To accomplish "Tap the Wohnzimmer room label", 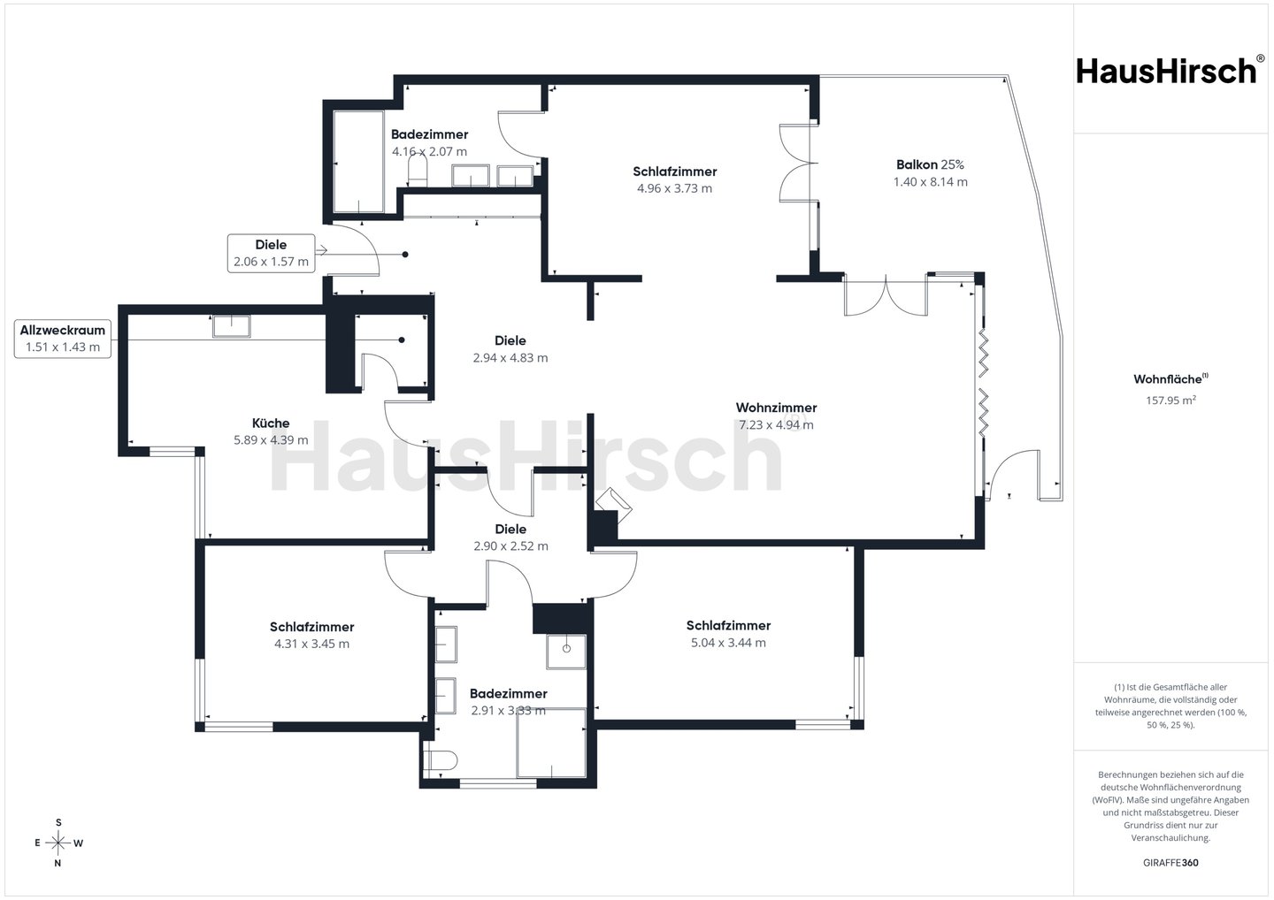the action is click(x=776, y=408).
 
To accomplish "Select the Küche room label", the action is click(x=271, y=423).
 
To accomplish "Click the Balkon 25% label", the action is click(x=930, y=164).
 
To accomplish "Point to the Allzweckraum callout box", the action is click(x=63, y=339).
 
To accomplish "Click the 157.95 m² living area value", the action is click(x=1170, y=400).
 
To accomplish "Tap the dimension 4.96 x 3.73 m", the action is click(x=674, y=188).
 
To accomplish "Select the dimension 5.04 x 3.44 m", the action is click(x=728, y=643).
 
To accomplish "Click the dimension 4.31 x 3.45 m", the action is click(x=311, y=644).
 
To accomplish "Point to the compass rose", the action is click(x=58, y=843).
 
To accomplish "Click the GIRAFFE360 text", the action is click(x=1170, y=863).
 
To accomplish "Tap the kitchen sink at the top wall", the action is click(x=232, y=327).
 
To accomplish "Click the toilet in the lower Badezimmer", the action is click(x=441, y=760).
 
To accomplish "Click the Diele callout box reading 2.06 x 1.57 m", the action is click(x=272, y=254).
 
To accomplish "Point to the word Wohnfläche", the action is click(x=1167, y=379).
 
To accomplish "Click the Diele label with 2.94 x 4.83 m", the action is click(x=510, y=349).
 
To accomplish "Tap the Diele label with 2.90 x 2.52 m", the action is click(x=510, y=538).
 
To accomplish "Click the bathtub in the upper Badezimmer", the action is click(x=358, y=162).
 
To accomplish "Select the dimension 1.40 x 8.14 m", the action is click(x=930, y=182).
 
